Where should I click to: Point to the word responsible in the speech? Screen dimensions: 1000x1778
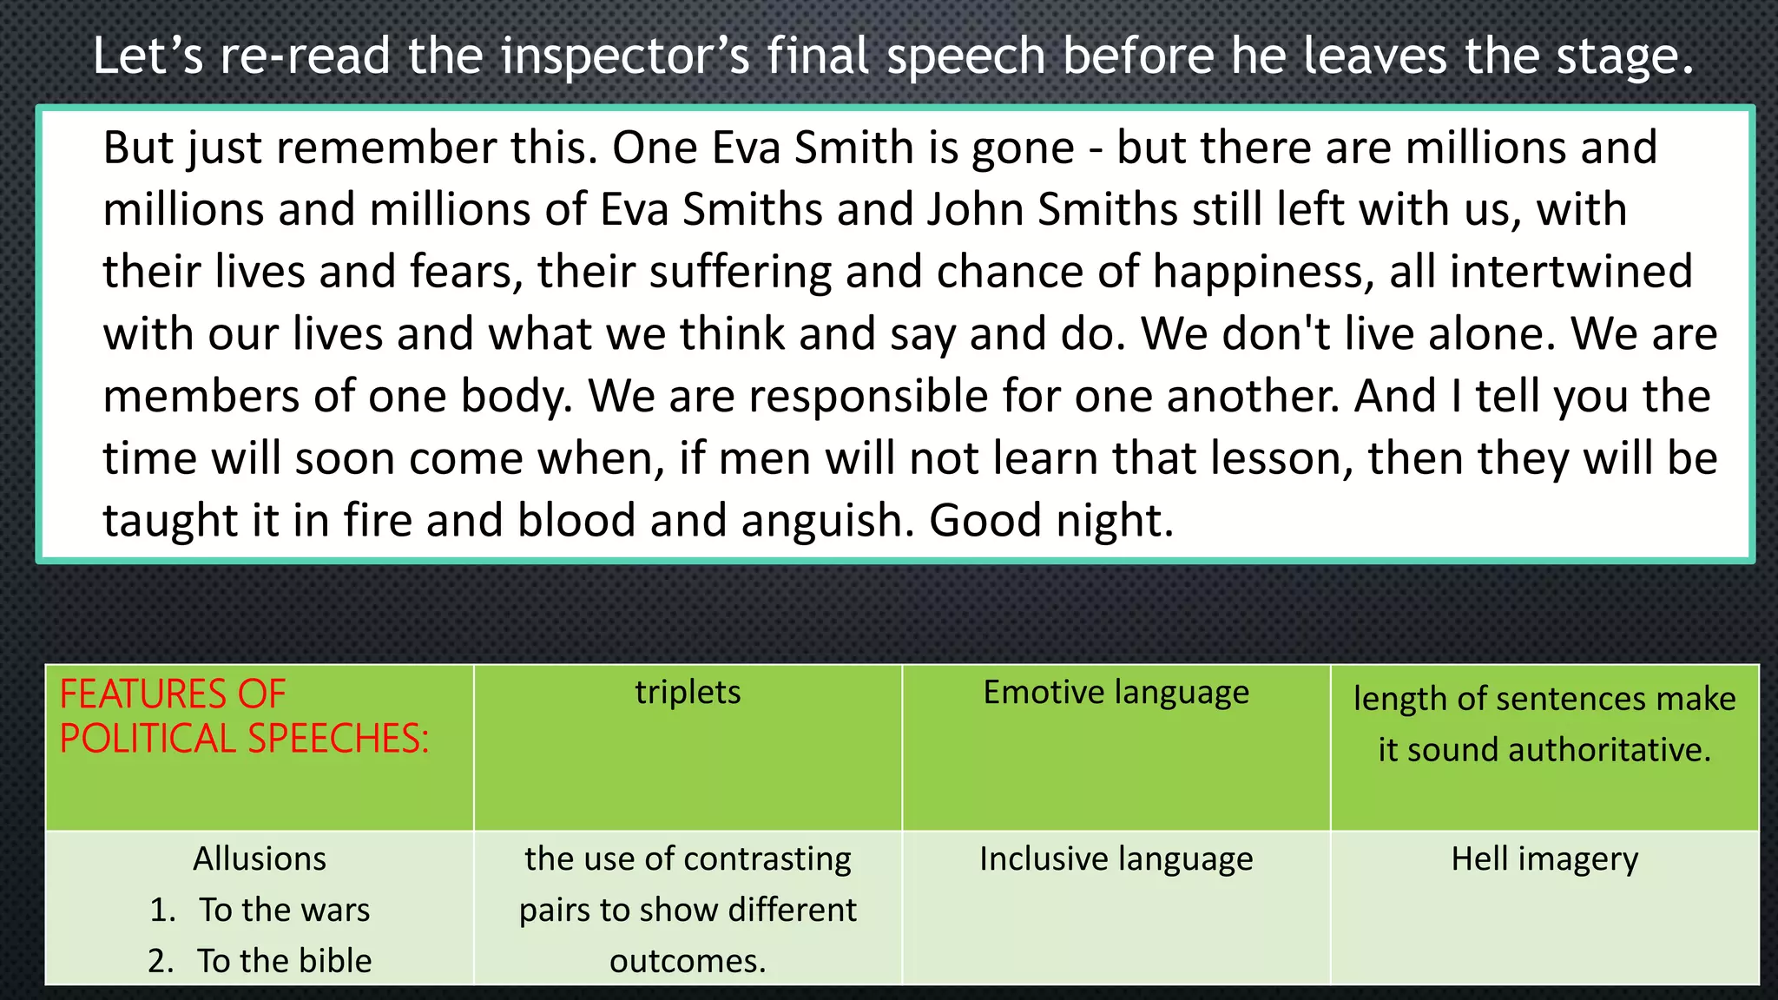869,396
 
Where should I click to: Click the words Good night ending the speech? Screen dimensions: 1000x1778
1050,520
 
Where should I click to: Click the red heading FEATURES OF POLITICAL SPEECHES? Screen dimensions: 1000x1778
244,716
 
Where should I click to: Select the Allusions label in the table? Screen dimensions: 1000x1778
260,859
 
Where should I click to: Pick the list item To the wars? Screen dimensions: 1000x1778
284,910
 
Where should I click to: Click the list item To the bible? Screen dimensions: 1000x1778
284,961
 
